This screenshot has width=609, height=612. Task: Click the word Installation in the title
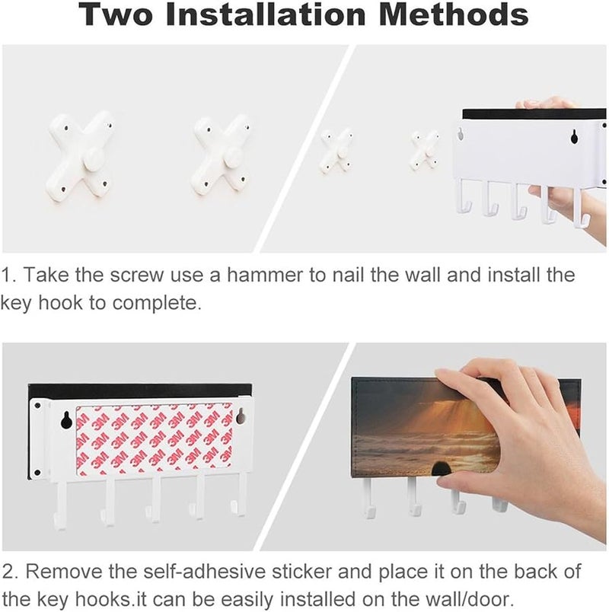266,14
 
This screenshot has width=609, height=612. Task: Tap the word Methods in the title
454,14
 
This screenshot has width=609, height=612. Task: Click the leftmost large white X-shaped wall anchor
80,156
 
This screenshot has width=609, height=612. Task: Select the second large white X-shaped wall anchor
220,156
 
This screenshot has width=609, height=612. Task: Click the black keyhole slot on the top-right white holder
574,135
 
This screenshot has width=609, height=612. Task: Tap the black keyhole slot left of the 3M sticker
66,420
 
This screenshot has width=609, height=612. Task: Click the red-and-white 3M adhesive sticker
155,440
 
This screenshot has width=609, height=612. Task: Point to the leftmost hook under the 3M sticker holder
61,503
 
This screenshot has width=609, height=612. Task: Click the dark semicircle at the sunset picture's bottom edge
440,469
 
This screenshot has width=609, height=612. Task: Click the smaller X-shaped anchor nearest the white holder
426,150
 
